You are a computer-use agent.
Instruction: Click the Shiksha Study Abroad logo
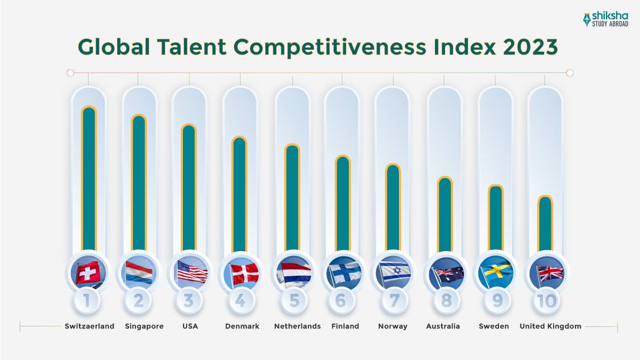(605, 19)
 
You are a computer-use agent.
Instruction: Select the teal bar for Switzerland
(89, 179)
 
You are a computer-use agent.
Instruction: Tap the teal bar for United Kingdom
(545, 224)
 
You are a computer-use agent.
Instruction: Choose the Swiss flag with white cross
(89, 273)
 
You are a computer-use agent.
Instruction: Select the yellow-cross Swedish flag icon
(496, 273)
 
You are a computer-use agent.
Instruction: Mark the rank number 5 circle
(294, 301)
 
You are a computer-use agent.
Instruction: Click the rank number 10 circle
(547, 301)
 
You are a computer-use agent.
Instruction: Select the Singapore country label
(144, 326)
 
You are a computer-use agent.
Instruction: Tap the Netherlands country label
(297, 326)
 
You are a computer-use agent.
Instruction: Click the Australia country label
(443, 326)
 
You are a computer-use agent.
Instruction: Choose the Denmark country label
(242, 326)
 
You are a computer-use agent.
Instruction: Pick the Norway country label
(393, 326)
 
